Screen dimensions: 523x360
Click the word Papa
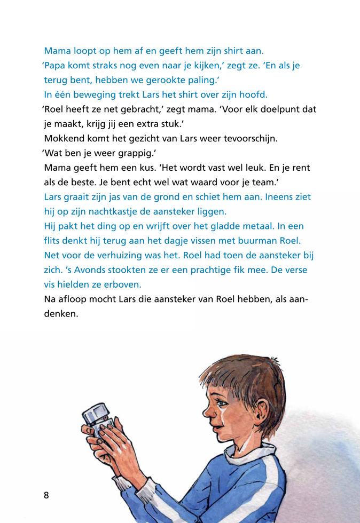pyautogui.click(x=57, y=66)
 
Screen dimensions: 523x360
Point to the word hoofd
pyautogui.click(x=252, y=94)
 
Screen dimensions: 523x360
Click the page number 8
pyautogui.click(x=46, y=495)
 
